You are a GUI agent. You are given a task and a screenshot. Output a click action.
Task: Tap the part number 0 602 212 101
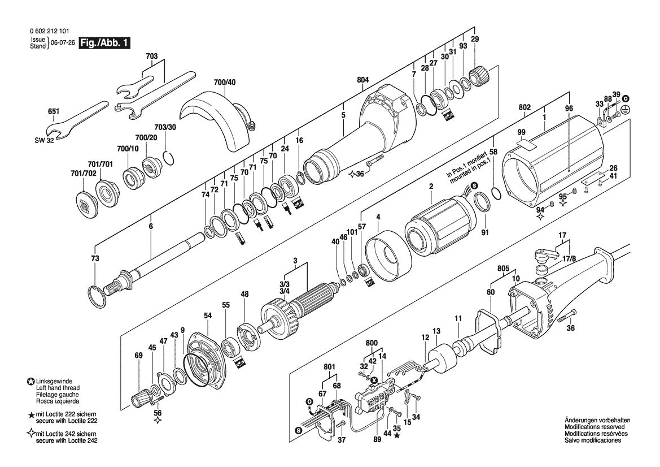(50, 31)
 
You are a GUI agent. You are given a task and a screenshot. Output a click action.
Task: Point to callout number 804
(362, 80)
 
